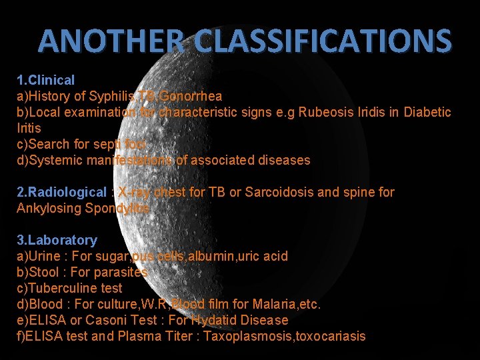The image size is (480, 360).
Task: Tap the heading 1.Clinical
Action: coord(46,80)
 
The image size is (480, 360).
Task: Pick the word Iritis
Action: coord(29,128)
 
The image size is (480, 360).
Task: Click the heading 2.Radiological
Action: coord(61,192)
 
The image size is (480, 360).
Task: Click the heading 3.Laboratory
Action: coord(57,240)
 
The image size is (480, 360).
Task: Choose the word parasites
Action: coord(125,272)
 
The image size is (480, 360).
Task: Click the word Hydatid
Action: coord(211,320)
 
